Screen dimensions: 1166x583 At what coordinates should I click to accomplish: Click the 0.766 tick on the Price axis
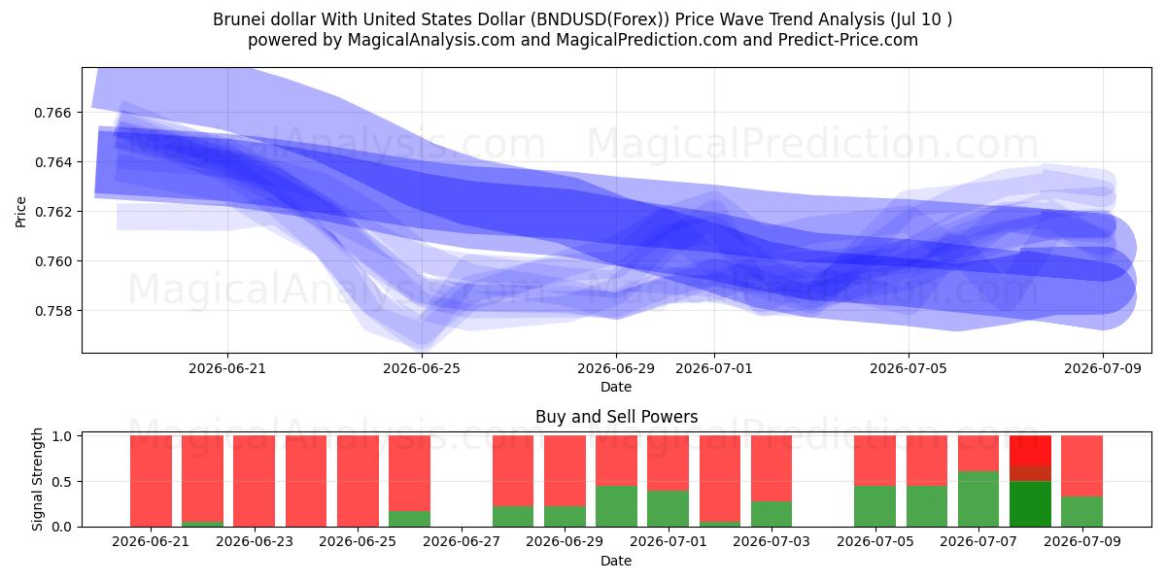(52, 113)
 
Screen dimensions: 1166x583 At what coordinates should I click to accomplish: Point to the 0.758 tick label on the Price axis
(52, 311)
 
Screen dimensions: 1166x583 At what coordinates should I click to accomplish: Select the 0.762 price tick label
(52, 212)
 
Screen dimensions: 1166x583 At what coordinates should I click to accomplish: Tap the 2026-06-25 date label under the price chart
(422, 368)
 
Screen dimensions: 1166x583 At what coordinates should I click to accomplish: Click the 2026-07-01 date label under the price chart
(713, 368)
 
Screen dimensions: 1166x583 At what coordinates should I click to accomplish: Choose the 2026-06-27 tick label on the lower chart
(462, 541)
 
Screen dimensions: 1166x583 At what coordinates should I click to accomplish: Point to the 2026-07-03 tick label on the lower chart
(772, 541)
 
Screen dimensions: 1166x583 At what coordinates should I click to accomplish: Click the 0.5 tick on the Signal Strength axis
(62, 482)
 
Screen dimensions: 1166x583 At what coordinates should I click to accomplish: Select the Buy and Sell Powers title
(616, 417)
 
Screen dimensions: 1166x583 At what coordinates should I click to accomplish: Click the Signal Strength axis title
(37, 479)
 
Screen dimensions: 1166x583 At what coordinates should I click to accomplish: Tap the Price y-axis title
(20, 212)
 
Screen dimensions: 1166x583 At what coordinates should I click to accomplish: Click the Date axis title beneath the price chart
(616, 387)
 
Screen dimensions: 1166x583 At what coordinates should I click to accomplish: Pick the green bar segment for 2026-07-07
(978, 499)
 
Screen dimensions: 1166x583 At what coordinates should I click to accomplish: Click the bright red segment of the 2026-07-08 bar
(1030, 450)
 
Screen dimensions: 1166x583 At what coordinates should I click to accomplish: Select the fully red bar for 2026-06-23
(254, 481)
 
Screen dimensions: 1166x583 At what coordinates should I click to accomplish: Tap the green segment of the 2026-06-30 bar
(616, 506)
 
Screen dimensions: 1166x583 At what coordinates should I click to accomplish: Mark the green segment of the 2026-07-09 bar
(1081, 512)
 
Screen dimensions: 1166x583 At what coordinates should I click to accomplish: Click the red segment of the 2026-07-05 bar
(875, 461)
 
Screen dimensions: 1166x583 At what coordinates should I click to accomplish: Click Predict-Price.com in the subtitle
(848, 40)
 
